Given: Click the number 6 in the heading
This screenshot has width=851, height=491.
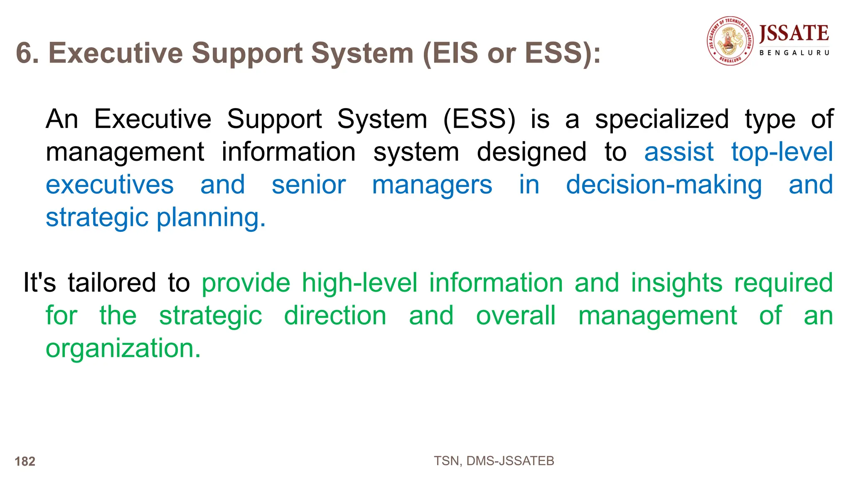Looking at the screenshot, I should pos(25,53).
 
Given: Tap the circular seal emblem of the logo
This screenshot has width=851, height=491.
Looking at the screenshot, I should pos(730,41).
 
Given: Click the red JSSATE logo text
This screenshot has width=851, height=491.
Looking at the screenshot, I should pos(794,33).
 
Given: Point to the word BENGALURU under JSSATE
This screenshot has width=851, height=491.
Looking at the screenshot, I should pos(794,53).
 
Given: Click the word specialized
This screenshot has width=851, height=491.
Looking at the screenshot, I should pos(662,119).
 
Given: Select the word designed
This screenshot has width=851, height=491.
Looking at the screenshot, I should pos(531,152).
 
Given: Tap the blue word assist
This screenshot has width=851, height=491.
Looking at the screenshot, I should pos(679,152).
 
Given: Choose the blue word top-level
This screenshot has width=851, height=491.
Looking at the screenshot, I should pos(782,152).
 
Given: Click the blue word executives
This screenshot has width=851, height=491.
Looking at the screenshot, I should pos(110,185).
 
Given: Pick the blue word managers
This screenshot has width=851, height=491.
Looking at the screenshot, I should pos(432,185).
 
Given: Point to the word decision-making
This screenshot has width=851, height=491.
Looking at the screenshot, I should pos(664,185).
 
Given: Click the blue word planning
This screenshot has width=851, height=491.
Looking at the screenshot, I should pos(211,217).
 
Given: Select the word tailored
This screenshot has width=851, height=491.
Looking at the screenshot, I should pos(112,283).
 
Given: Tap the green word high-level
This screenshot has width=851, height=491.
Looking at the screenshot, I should pos(359,283).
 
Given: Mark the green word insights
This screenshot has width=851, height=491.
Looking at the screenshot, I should pos(676,283).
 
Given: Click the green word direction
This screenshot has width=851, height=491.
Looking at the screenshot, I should pos(335,316).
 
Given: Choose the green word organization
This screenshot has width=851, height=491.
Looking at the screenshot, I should pos(123,348).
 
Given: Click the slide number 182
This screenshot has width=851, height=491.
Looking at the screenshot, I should pos(25,462).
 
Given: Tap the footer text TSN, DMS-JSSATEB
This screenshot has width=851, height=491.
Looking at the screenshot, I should pos(494,461).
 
